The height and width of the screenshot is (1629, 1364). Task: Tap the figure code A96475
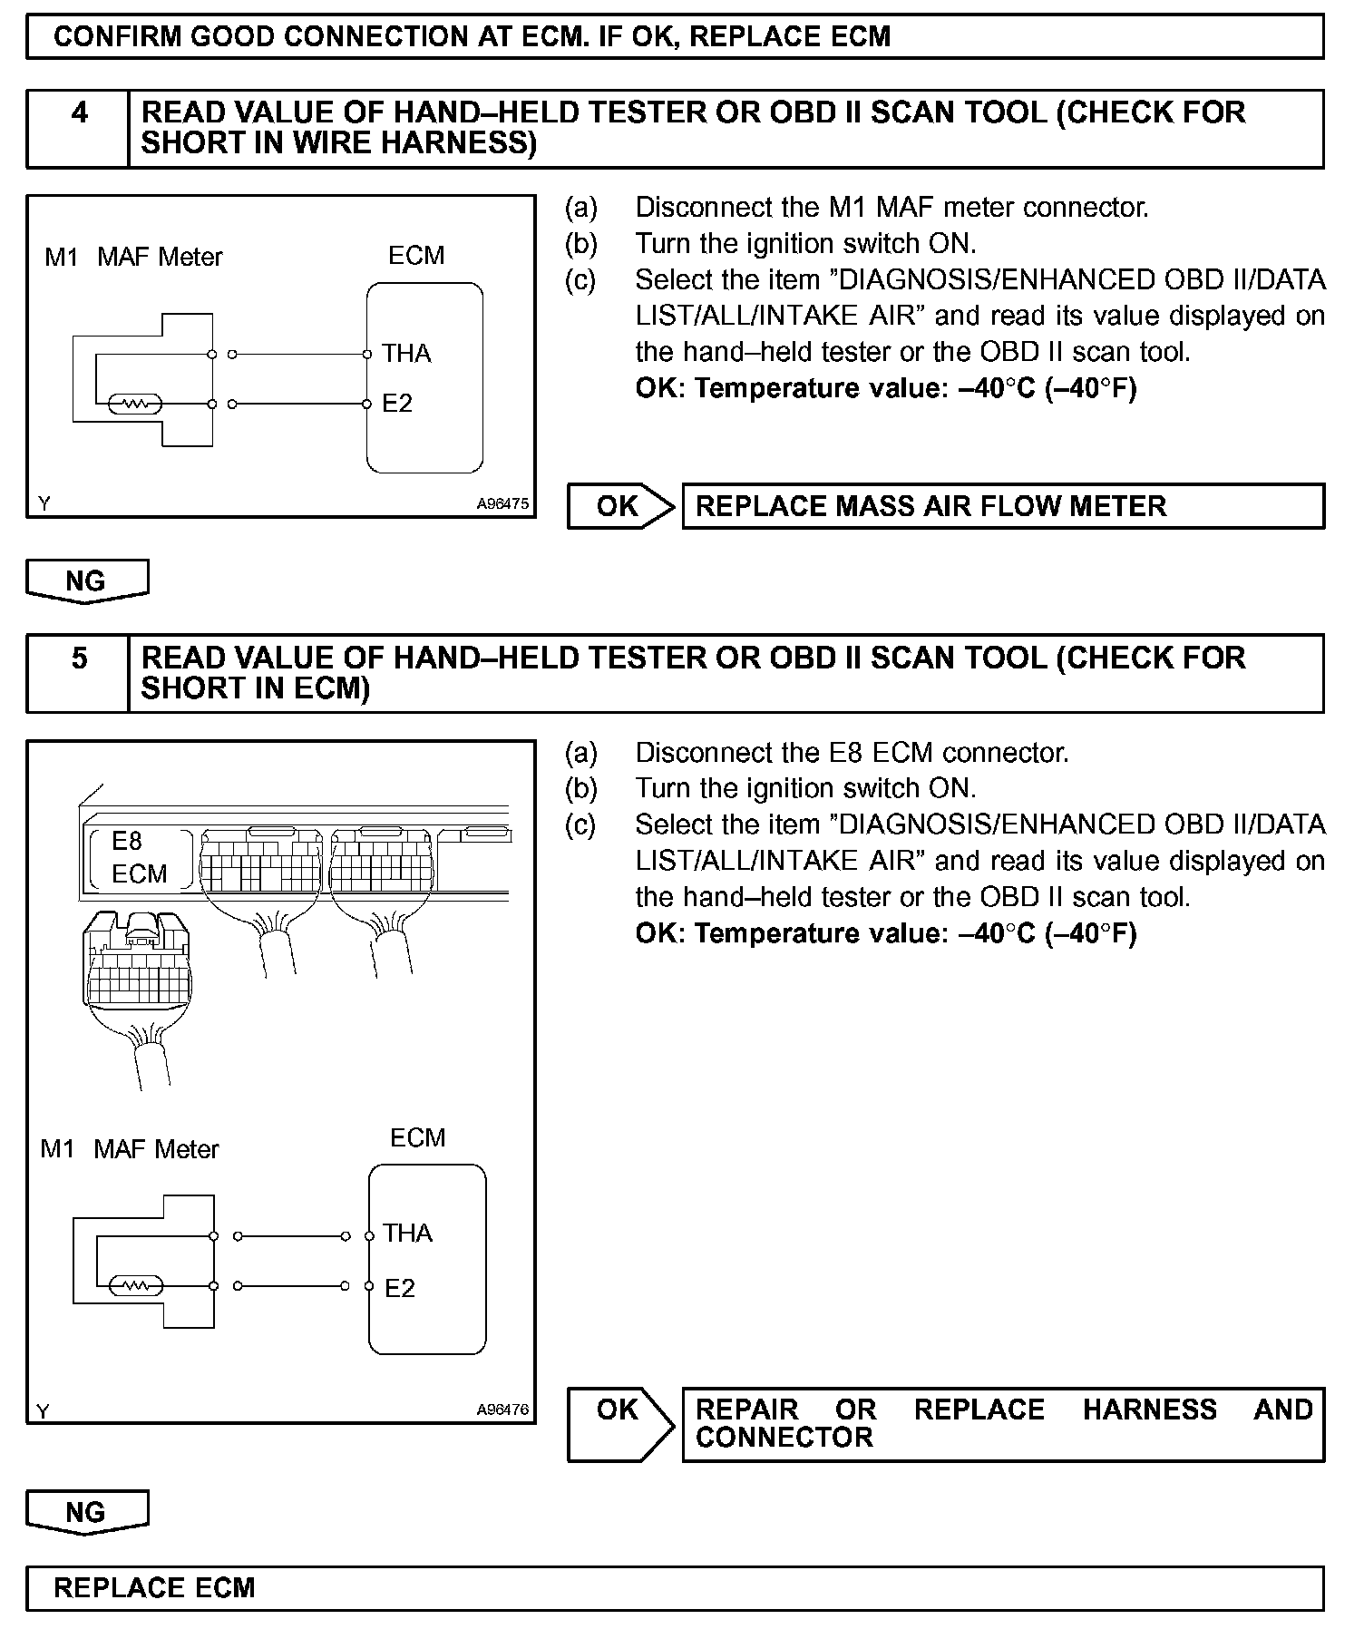(502, 503)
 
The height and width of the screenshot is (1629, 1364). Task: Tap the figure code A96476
(502, 1410)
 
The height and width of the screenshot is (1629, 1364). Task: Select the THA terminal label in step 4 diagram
(405, 353)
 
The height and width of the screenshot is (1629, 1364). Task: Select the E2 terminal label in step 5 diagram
(399, 1288)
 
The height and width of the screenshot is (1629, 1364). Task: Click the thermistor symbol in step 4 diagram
(134, 405)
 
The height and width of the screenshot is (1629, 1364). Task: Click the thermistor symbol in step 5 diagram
(135, 1286)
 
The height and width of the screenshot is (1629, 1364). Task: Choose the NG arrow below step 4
(86, 580)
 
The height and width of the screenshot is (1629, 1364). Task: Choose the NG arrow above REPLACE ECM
(86, 1512)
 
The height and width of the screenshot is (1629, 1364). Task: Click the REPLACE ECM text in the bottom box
(154, 1588)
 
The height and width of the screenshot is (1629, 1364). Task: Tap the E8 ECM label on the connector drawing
(139, 858)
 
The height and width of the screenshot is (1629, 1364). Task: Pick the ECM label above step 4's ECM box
(416, 256)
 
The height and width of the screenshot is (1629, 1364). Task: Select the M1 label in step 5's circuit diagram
(56, 1149)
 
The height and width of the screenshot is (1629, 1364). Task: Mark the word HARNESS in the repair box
(1149, 1410)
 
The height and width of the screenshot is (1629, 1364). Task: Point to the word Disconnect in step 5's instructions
(698, 753)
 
